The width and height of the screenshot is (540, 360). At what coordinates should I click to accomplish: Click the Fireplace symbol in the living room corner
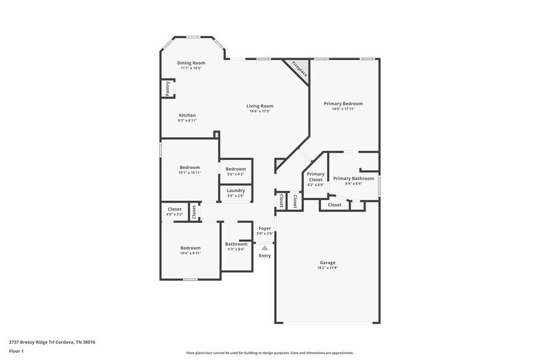pyautogui.click(x=299, y=69)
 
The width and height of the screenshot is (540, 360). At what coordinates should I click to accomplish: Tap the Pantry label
pyautogui.click(x=167, y=89)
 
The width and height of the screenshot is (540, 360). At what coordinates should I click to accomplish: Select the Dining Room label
pyautogui.click(x=191, y=63)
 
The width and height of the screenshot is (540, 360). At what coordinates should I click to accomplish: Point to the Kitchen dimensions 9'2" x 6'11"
pyautogui.click(x=187, y=121)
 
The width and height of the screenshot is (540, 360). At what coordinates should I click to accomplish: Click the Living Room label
pyautogui.click(x=260, y=106)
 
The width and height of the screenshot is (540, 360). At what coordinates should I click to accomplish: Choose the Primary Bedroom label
pyautogui.click(x=343, y=104)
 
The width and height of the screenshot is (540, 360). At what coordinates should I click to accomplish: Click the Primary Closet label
pyautogui.click(x=315, y=177)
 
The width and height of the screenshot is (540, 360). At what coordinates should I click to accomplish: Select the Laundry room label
pyautogui.click(x=236, y=190)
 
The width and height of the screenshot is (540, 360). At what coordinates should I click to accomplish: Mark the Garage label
pyautogui.click(x=327, y=263)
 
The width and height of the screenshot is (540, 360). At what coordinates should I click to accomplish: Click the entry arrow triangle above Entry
pyautogui.click(x=264, y=247)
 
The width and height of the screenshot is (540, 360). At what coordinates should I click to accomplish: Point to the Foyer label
pyautogui.click(x=264, y=228)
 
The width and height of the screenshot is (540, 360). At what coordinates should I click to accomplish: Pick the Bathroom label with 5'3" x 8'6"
pyautogui.click(x=236, y=244)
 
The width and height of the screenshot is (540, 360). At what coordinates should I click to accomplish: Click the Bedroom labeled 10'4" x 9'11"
pyautogui.click(x=190, y=248)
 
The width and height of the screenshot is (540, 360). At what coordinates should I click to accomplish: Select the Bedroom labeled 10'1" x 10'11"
pyautogui.click(x=190, y=167)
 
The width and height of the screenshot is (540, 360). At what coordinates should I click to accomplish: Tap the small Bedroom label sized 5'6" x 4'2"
pyautogui.click(x=236, y=170)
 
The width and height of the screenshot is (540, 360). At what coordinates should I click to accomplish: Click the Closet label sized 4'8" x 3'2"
pyautogui.click(x=174, y=209)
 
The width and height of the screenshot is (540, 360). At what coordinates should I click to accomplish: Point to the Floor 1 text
pyautogui.click(x=16, y=351)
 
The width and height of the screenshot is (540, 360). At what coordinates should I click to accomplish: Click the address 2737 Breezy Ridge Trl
pyautogui.click(x=34, y=342)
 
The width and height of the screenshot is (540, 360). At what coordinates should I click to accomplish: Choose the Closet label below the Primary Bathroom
pyautogui.click(x=334, y=205)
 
